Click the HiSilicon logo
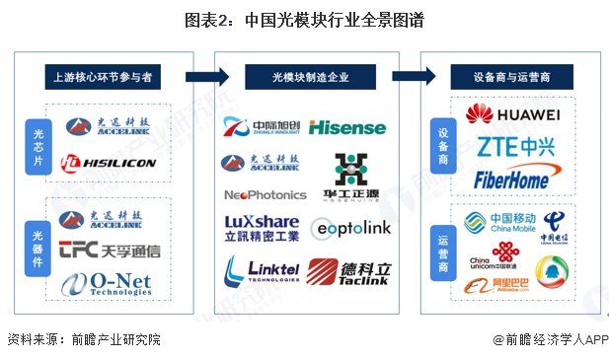[x=109, y=163]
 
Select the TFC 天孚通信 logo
[x=109, y=250]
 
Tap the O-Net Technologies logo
[x=108, y=284]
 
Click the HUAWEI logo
[x=512, y=115]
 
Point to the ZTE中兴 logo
[x=513, y=148]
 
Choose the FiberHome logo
[x=513, y=180]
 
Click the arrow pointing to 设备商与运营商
[x=416, y=75]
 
